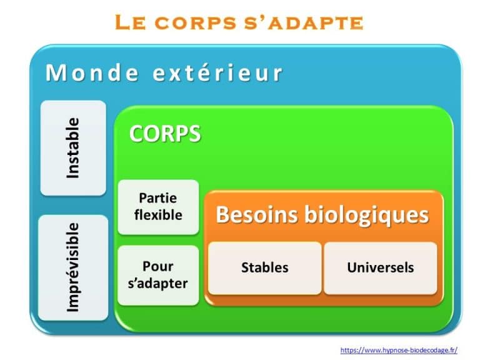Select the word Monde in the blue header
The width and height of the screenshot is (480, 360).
point(92,73)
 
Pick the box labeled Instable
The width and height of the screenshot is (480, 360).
point(73,148)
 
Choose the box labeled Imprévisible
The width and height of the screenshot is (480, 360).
point(73,267)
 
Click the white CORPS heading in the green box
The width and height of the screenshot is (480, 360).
point(165,134)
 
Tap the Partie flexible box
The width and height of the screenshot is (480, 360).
point(158,207)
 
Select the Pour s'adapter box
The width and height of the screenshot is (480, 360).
point(158,275)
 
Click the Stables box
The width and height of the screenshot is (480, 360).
point(264,267)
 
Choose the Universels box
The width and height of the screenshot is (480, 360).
point(380,267)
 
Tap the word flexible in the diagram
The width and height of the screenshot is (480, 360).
point(158,215)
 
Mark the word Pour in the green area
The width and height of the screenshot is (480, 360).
point(158,266)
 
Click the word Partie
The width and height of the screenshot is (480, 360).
point(158,198)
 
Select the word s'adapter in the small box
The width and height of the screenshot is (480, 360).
point(158,283)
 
